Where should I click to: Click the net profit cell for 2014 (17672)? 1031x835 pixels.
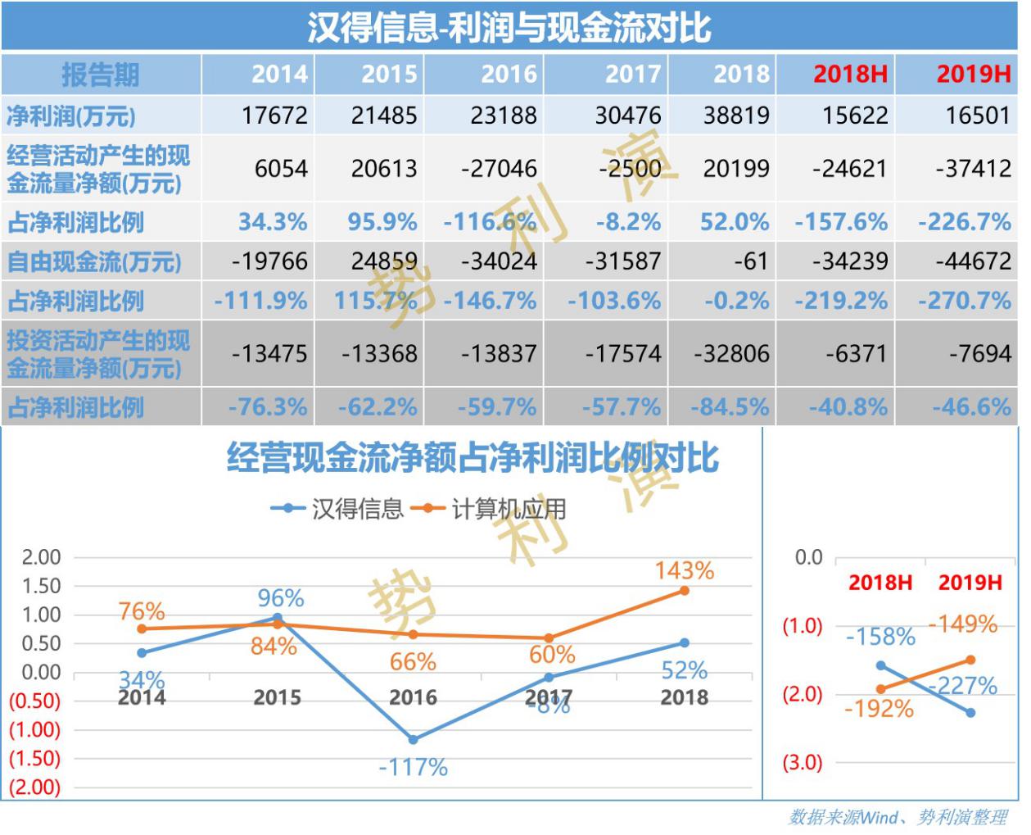274,116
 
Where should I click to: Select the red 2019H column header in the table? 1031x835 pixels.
973,75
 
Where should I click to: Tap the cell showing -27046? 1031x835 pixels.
499,169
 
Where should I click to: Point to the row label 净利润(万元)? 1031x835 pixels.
71,116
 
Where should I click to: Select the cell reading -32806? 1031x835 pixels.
731,354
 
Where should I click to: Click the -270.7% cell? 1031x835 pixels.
964,302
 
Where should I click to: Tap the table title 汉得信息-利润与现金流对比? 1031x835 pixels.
509,27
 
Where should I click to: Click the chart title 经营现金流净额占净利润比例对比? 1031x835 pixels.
473,458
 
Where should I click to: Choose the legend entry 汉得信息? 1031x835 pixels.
338,509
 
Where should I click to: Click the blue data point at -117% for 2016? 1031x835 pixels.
413,739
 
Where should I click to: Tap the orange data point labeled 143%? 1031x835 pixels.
684,590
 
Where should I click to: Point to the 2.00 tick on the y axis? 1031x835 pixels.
41,557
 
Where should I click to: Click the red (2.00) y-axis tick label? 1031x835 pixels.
35,787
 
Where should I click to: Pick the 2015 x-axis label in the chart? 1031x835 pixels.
277,698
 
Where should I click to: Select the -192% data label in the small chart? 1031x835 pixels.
879,709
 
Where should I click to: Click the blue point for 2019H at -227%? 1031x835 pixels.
970,713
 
